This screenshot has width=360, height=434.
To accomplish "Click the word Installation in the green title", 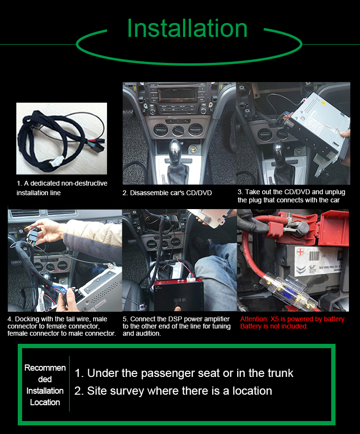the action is [187, 28].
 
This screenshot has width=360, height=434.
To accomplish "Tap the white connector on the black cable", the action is [58, 161].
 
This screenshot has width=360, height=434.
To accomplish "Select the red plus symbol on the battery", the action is [300, 252].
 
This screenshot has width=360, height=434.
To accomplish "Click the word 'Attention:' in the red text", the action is [254, 319].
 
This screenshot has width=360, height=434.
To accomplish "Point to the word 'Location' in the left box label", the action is [45, 402].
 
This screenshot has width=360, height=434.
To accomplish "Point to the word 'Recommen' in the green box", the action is [45, 368].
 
